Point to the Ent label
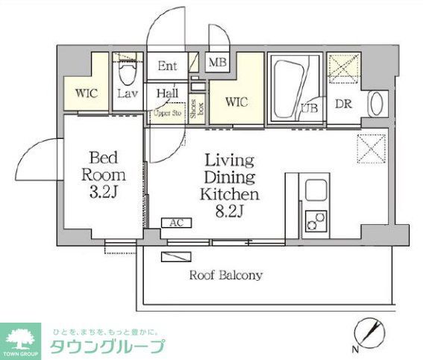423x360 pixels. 168,66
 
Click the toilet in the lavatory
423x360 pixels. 127,71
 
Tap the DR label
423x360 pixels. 343,104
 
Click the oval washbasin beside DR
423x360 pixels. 375,102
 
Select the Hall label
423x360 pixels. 167,94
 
